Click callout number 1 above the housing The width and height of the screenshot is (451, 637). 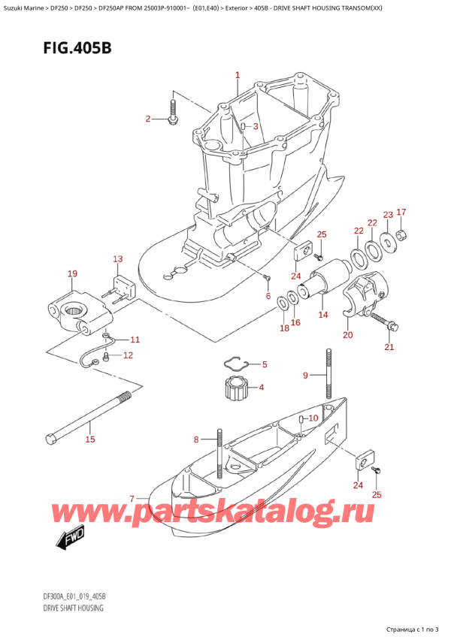237,75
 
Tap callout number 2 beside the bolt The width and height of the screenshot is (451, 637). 148,119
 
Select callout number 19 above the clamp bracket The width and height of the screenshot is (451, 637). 72,274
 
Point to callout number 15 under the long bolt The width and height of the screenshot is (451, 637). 90,439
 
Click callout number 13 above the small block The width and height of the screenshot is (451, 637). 117,259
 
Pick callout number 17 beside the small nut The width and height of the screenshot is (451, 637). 401,212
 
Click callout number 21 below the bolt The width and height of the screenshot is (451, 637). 389,346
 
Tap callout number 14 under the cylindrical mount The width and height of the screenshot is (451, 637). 323,315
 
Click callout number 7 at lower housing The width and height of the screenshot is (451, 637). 132,498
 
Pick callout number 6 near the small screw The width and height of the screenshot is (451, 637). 268,297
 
